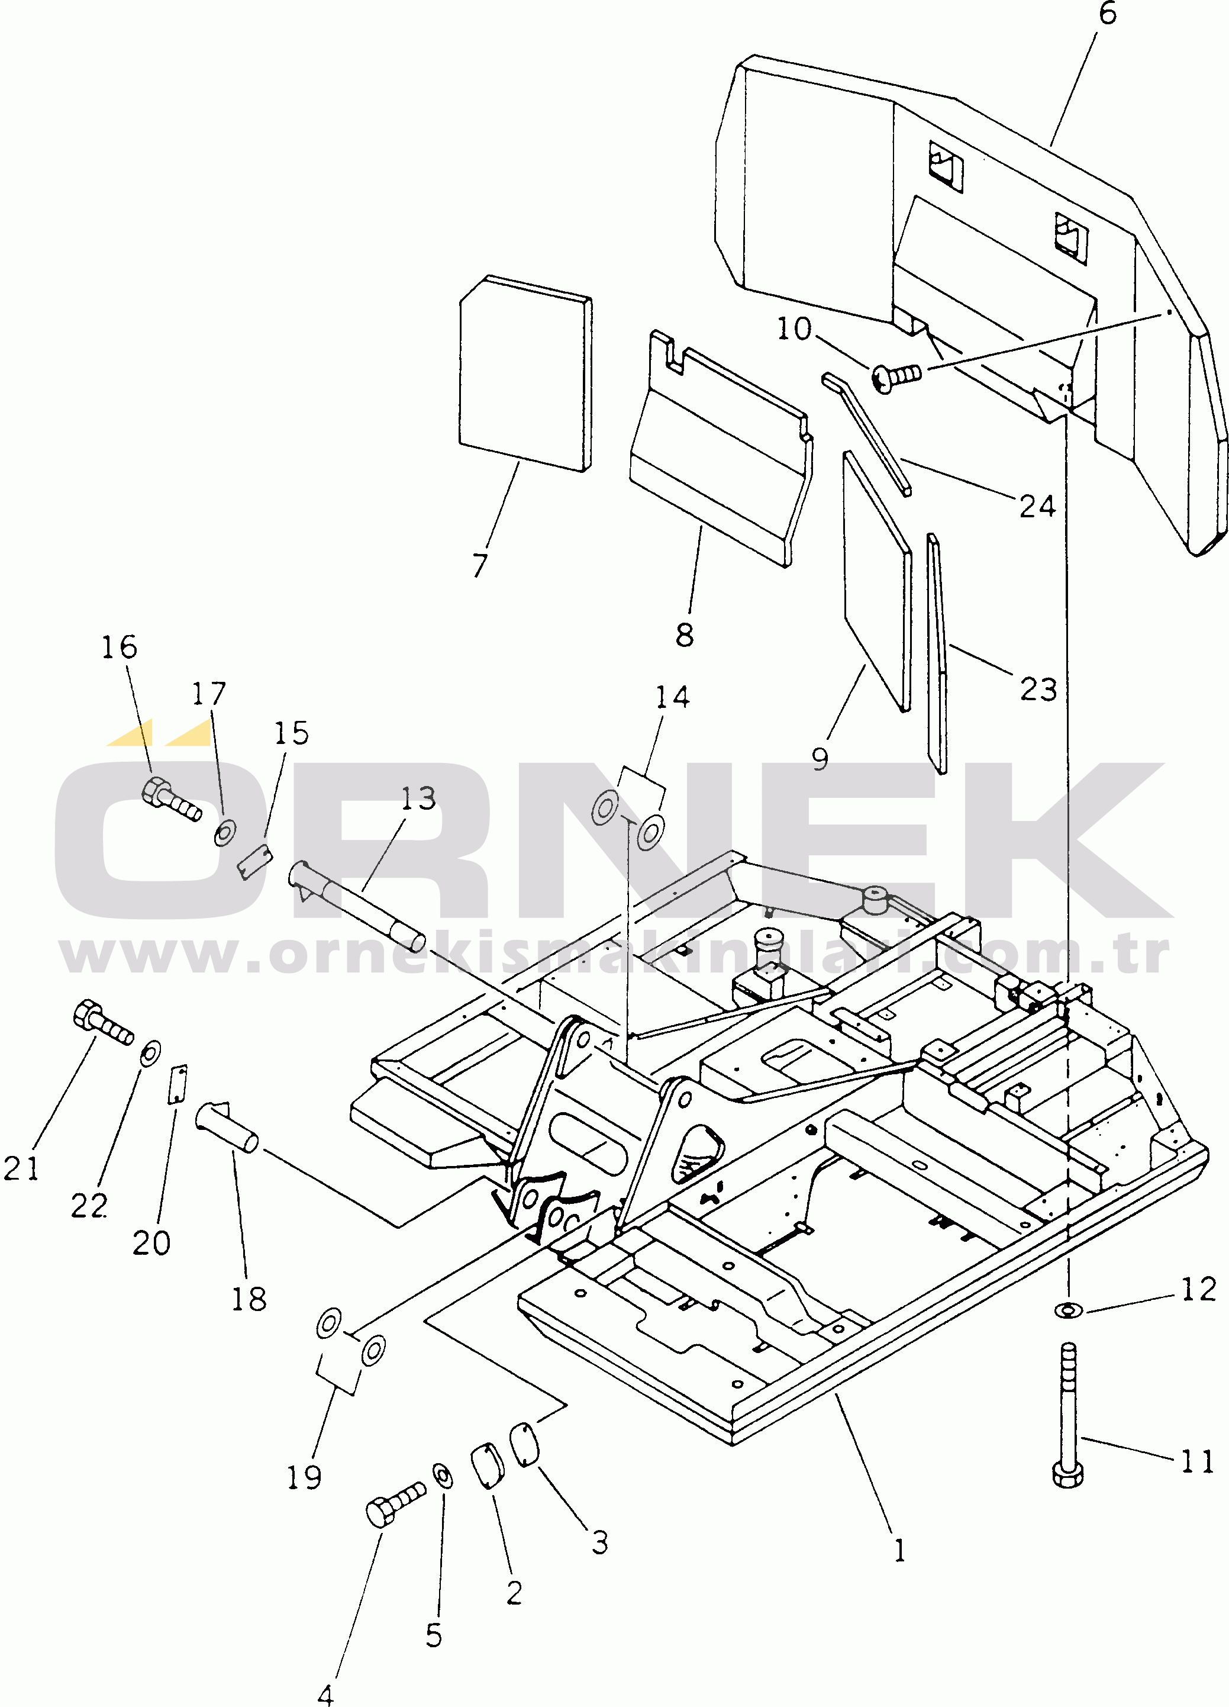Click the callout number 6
1108,14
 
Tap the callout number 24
1038,507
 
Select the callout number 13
418,798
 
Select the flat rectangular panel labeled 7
525,373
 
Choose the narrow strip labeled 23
937,654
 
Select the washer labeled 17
225,832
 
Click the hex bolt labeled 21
103,1023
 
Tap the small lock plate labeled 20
178,1084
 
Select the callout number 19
304,1477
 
